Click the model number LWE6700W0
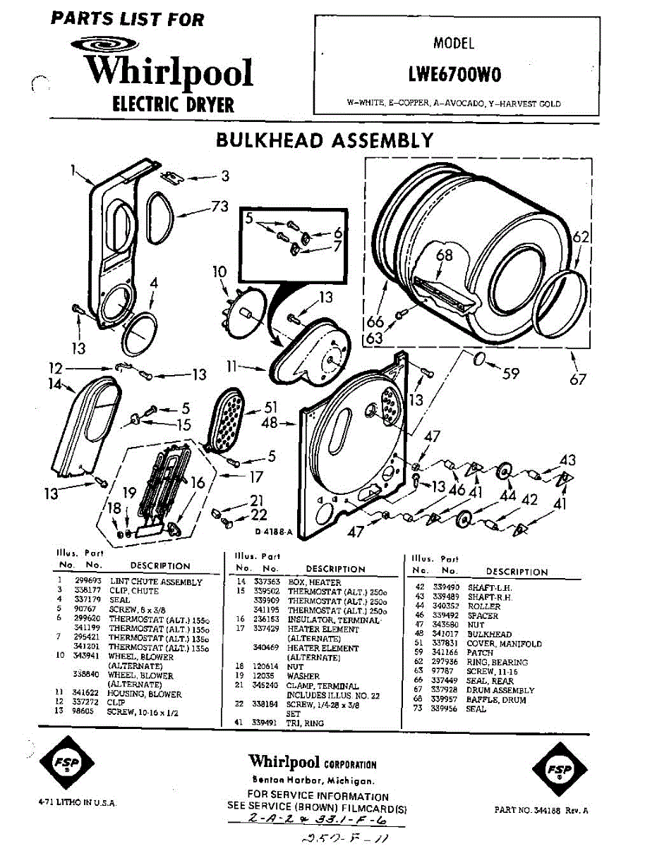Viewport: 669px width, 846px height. pos(454,74)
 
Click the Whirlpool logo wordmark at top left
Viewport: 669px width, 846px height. pos(169,73)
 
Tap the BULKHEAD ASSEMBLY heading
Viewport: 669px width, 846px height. pos(325,140)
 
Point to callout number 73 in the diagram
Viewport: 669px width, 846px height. pos(219,206)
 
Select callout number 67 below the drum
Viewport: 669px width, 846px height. pos(578,380)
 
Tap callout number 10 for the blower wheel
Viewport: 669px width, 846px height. pos(219,271)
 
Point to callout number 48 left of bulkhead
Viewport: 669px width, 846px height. pos(269,423)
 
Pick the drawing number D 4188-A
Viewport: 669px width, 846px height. pos(273,532)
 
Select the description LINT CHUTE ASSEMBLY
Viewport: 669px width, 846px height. pos(155,582)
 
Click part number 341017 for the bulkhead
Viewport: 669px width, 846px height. pos(444,634)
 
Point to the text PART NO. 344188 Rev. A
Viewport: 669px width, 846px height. pos(541,811)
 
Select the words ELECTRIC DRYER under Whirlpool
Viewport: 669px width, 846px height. pos(173,105)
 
